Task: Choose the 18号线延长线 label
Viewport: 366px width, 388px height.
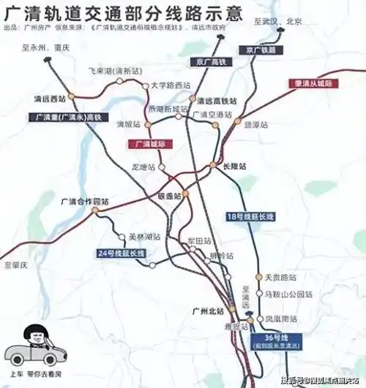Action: (248, 217)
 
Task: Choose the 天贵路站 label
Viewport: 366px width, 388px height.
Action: (279, 277)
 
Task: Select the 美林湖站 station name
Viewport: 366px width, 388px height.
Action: (143, 237)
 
